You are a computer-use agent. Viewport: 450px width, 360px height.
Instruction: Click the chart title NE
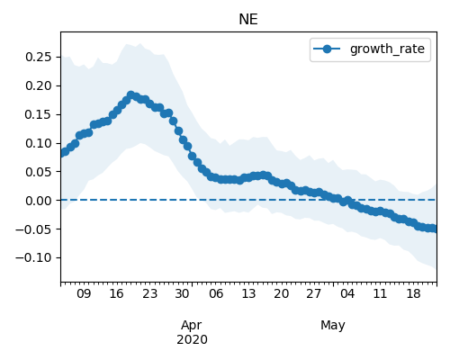248,20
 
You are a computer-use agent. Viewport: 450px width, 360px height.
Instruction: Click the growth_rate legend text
387,49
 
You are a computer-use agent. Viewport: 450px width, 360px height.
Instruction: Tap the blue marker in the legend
327,49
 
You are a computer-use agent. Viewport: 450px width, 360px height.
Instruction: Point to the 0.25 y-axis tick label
39,57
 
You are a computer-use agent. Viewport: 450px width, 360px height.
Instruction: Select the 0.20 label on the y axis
39,85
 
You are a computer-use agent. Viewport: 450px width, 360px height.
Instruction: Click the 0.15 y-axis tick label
39,114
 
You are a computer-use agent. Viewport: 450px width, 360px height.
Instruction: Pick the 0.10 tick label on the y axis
39,143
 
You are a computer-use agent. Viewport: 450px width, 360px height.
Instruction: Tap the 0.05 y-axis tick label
39,172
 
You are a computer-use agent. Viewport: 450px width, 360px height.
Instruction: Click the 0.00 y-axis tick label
39,201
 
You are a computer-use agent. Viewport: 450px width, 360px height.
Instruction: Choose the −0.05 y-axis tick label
34,229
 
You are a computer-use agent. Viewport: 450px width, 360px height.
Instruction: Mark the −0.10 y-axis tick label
34,257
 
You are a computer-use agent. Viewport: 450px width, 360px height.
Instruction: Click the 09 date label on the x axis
84,294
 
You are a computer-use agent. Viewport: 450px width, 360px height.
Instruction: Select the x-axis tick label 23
149,294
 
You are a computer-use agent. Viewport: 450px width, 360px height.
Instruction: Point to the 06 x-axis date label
216,294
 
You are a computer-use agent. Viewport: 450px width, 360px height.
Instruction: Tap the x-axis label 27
314,294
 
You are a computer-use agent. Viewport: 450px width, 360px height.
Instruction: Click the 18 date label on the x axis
413,294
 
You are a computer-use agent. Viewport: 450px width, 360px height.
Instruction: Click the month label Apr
192,326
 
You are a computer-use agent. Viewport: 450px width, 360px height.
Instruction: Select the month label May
333,326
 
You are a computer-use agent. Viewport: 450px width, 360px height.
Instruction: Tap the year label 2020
192,340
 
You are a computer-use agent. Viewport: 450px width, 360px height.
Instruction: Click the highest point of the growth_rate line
130,95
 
